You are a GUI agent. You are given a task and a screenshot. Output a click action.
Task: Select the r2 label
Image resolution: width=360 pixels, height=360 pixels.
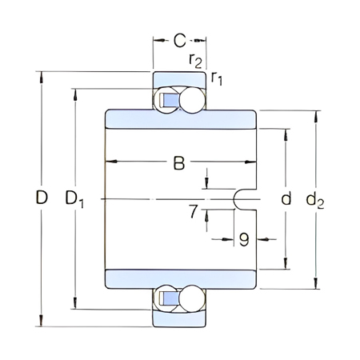tap(194, 59)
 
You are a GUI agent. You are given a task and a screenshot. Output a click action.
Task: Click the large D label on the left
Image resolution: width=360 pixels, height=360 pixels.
tap(41, 198)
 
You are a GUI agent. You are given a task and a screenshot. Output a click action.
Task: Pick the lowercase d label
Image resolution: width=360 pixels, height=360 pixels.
tap(286, 198)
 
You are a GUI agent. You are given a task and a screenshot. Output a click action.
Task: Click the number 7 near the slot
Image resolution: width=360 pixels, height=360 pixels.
tap(193, 212)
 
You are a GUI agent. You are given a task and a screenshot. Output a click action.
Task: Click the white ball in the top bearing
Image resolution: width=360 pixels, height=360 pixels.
tap(193, 99)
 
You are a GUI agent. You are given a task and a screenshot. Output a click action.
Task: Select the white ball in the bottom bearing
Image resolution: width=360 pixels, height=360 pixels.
tap(193, 298)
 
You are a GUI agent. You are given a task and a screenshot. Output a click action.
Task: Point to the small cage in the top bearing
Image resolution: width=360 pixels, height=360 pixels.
tap(170, 100)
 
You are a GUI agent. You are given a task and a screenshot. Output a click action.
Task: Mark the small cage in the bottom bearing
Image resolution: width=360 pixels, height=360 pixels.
tap(170, 298)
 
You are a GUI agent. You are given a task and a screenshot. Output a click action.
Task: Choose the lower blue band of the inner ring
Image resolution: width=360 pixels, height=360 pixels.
tap(179, 278)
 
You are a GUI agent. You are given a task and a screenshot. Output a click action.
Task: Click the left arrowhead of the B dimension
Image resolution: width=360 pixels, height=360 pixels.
tap(110, 163)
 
